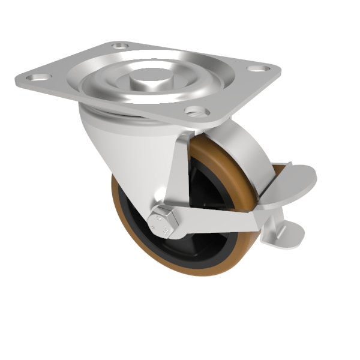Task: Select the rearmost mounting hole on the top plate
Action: (120, 46)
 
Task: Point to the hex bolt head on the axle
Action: (163, 223)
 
